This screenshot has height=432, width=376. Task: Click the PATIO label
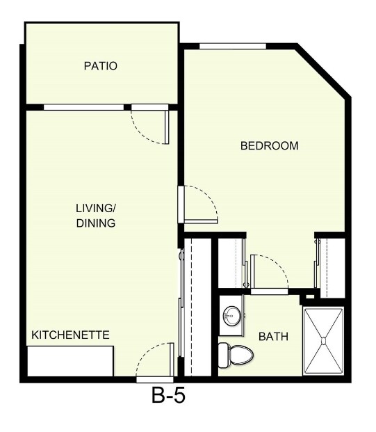100,67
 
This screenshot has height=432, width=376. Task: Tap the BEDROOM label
269,146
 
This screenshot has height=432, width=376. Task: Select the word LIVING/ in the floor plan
96,208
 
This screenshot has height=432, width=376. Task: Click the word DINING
96,223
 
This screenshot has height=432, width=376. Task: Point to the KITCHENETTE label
71,335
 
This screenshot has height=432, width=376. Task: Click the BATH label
273,337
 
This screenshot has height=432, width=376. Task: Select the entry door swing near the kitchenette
154,360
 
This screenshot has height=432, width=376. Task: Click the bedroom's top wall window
233,46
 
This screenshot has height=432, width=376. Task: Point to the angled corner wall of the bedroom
322,73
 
